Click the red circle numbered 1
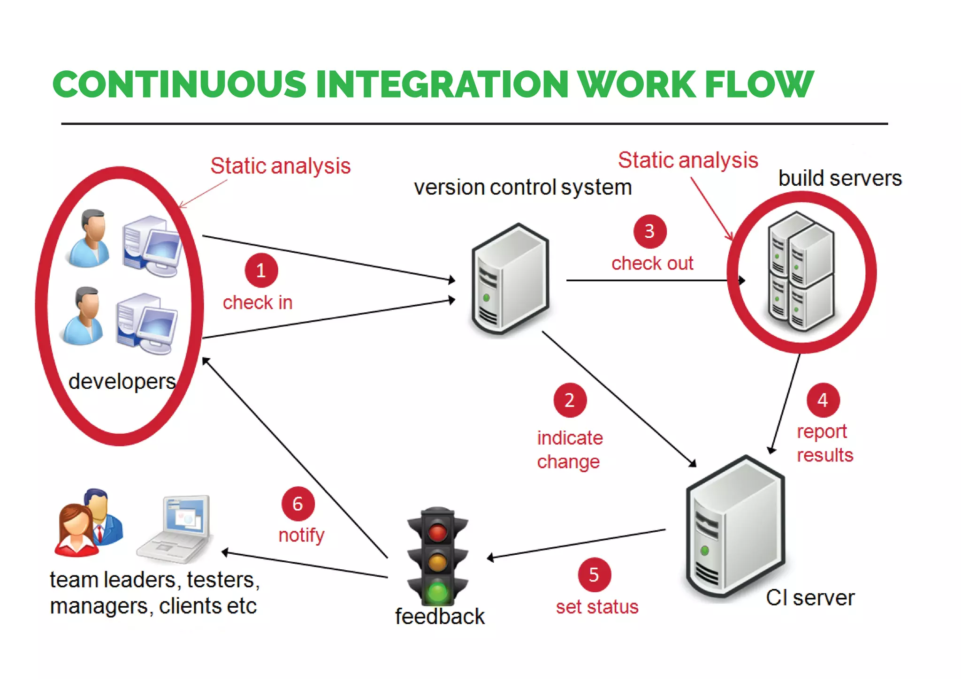(x=261, y=271)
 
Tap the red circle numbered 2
(x=570, y=400)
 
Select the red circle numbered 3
(x=650, y=231)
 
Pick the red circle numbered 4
(x=823, y=400)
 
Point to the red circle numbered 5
(x=594, y=574)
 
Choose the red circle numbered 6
(x=298, y=504)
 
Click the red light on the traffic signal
(x=437, y=532)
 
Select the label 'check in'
(x=258, y=302)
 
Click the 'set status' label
(x=597, y=607)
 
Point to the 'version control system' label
(x=522, y=188)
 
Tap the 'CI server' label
(x=810, y=598)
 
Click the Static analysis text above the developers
(x=280, y=166)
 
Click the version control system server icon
(x=511, y=279)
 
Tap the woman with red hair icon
(x=75, y=530)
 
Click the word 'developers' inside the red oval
(x=122, y=381)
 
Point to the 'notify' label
(x=301, y=535)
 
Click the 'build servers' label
(x=840, y=178)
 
